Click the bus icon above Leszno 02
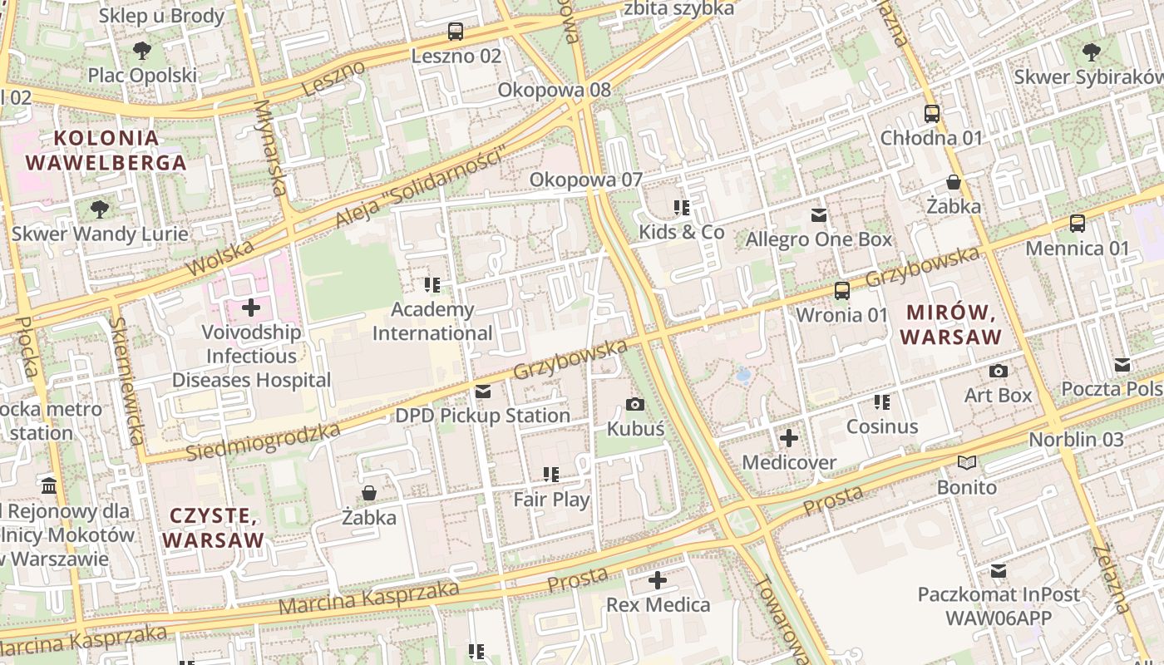point(455,32)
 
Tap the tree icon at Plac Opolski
point(142,51)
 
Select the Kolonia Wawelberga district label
point(106,150)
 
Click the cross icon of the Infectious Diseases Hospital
point(250,308)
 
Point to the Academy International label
point(432,322)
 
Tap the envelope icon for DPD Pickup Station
point(483,392)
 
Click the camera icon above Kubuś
point(635,405)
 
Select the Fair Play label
point(551,500)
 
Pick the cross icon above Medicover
point(789,438)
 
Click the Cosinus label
point(882,426)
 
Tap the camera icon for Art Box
point(999,371)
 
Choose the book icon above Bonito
point(966,462)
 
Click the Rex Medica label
point(658,604)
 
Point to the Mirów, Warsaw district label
point(951,325)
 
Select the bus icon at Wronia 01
point(842,291)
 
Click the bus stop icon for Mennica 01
point(1078,224)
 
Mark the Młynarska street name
point(271,148)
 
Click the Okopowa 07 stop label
point(586,180)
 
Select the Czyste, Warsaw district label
point(213,528)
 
